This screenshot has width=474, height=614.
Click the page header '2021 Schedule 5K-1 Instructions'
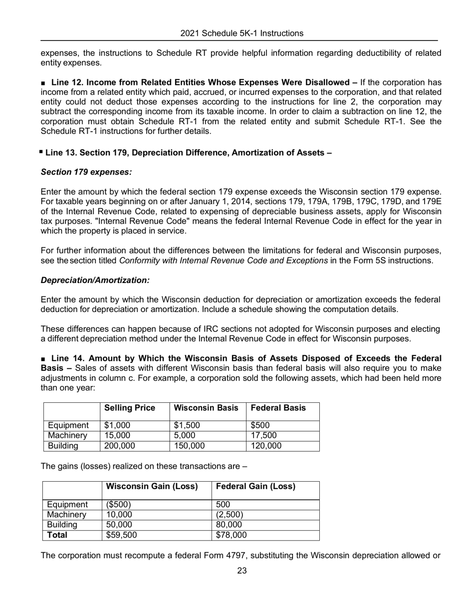coord(241,33)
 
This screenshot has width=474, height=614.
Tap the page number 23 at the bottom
coord(241,571)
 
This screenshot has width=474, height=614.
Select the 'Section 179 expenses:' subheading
coord(86,172)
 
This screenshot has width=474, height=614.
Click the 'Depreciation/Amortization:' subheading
coord(95,281)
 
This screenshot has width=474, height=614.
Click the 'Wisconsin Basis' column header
coord(206,408)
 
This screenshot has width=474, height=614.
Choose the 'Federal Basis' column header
coord(278,408)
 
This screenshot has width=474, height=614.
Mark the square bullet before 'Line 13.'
coord(41,152)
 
